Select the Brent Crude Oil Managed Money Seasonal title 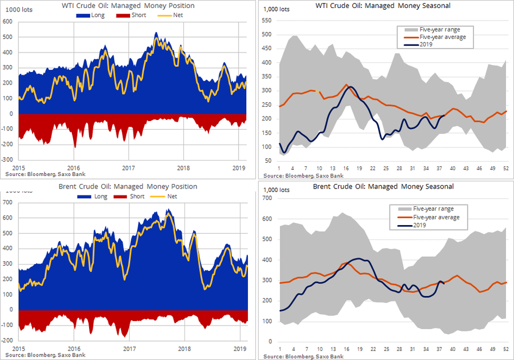(x=383, y=187)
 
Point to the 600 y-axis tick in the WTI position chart (x=8, y=21)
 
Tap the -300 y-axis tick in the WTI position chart (x=8, y=160)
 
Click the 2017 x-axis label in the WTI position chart (x=128, y=167)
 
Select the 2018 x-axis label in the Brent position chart (x=184, y=348)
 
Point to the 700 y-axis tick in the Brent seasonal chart (x=267, y=198)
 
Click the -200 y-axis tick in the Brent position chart (x=8, y=340)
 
